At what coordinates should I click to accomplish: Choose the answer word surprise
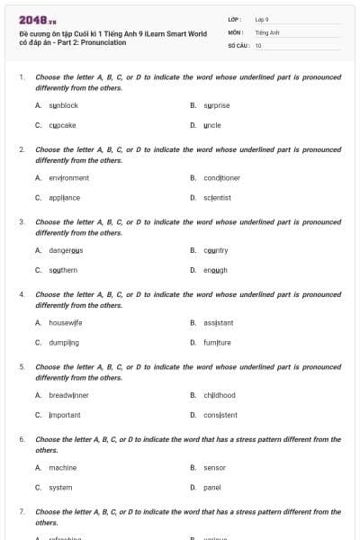[x=217, y=105]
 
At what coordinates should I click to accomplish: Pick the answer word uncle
[x=212, y=125]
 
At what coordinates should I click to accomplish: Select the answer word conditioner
[x=221, y=178]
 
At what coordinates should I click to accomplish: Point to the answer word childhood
[x=220, y=395]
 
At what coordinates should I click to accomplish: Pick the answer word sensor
[x=215, y=467]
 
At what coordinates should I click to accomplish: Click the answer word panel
[x=212, y=487]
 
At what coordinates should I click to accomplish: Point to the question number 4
[x=21, y=294]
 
